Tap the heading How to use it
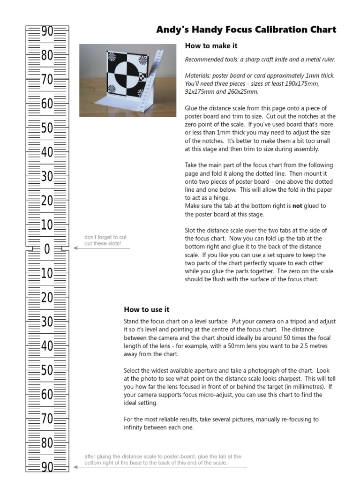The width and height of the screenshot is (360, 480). point(146,309)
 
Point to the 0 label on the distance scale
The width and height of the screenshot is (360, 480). point(47,249)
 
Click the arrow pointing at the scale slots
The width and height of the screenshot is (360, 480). point(101,248)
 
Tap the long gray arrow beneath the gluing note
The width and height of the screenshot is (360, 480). point(159,467)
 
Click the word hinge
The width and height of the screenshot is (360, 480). point(212,197)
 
